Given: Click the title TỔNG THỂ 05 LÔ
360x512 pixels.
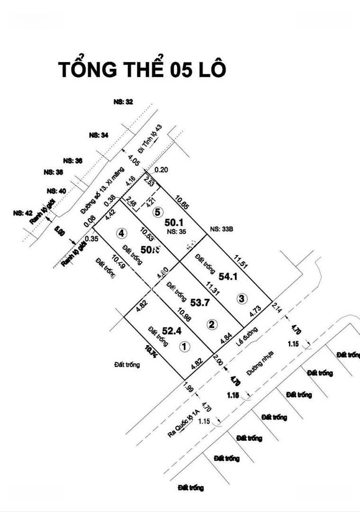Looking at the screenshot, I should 142,69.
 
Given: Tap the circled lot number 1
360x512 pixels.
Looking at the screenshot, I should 184,347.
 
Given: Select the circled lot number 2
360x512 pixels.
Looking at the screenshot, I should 212,324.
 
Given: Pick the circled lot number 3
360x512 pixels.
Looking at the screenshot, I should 242,299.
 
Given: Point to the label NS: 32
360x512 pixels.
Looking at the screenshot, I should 123,101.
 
